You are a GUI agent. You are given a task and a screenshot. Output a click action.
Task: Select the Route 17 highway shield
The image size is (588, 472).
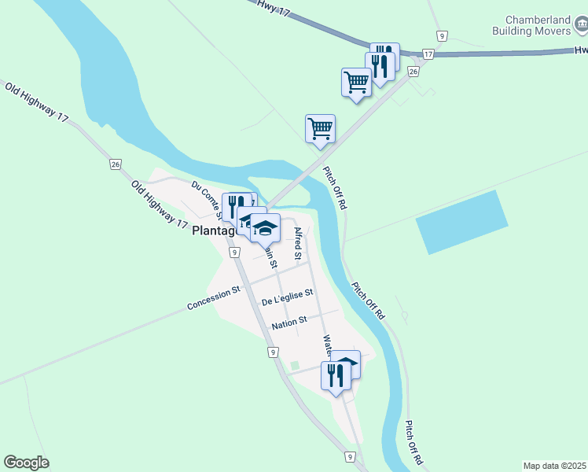click(x=428, y=53)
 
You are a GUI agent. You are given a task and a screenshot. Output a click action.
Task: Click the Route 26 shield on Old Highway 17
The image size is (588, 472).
click(x=116, y=164)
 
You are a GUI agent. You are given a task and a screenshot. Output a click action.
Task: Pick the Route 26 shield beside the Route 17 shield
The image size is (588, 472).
click(x=413, y=72)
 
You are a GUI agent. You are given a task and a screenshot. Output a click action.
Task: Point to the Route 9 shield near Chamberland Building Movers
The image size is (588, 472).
click(x=443, y=36)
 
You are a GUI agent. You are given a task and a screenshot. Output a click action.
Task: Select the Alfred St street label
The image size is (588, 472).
click(x=298, y=243)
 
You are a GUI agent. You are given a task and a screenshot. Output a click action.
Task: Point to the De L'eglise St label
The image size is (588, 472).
click(x=288, y=297)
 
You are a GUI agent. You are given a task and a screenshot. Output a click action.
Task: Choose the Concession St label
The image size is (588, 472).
click(x=214, y=298)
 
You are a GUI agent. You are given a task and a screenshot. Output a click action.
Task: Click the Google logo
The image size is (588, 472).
click(x=26, y=463)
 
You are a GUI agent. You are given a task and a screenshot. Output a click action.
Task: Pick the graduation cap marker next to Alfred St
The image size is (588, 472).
click(x=266, y=227)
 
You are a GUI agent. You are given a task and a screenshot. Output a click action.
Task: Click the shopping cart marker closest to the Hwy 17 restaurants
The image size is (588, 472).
click(x=357, y=81)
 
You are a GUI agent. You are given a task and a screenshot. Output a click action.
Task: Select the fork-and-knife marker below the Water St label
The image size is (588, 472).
click(x=336, y=374)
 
